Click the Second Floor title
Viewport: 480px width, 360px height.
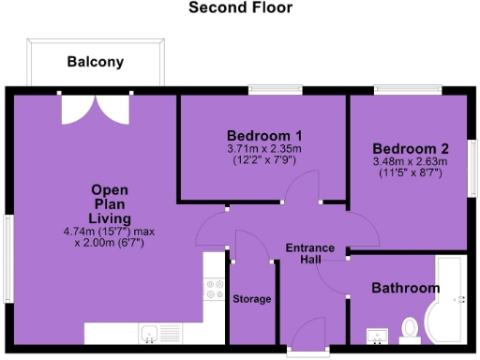(240, 8)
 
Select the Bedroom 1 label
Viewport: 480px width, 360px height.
(262, 133)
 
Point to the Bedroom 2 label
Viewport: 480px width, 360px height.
(411, 149)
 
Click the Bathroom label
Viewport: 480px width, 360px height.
(405, 288)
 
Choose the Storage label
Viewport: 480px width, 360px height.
(252, 299)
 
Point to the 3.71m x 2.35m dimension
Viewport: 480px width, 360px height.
(263, 148)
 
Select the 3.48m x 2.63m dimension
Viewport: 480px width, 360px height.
(411, 161)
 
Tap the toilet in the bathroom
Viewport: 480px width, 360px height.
(409, 328)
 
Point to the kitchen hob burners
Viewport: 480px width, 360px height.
(214, 289)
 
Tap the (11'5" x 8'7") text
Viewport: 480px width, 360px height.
(411, 173)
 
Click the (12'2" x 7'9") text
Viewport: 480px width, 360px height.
(263, 160)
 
